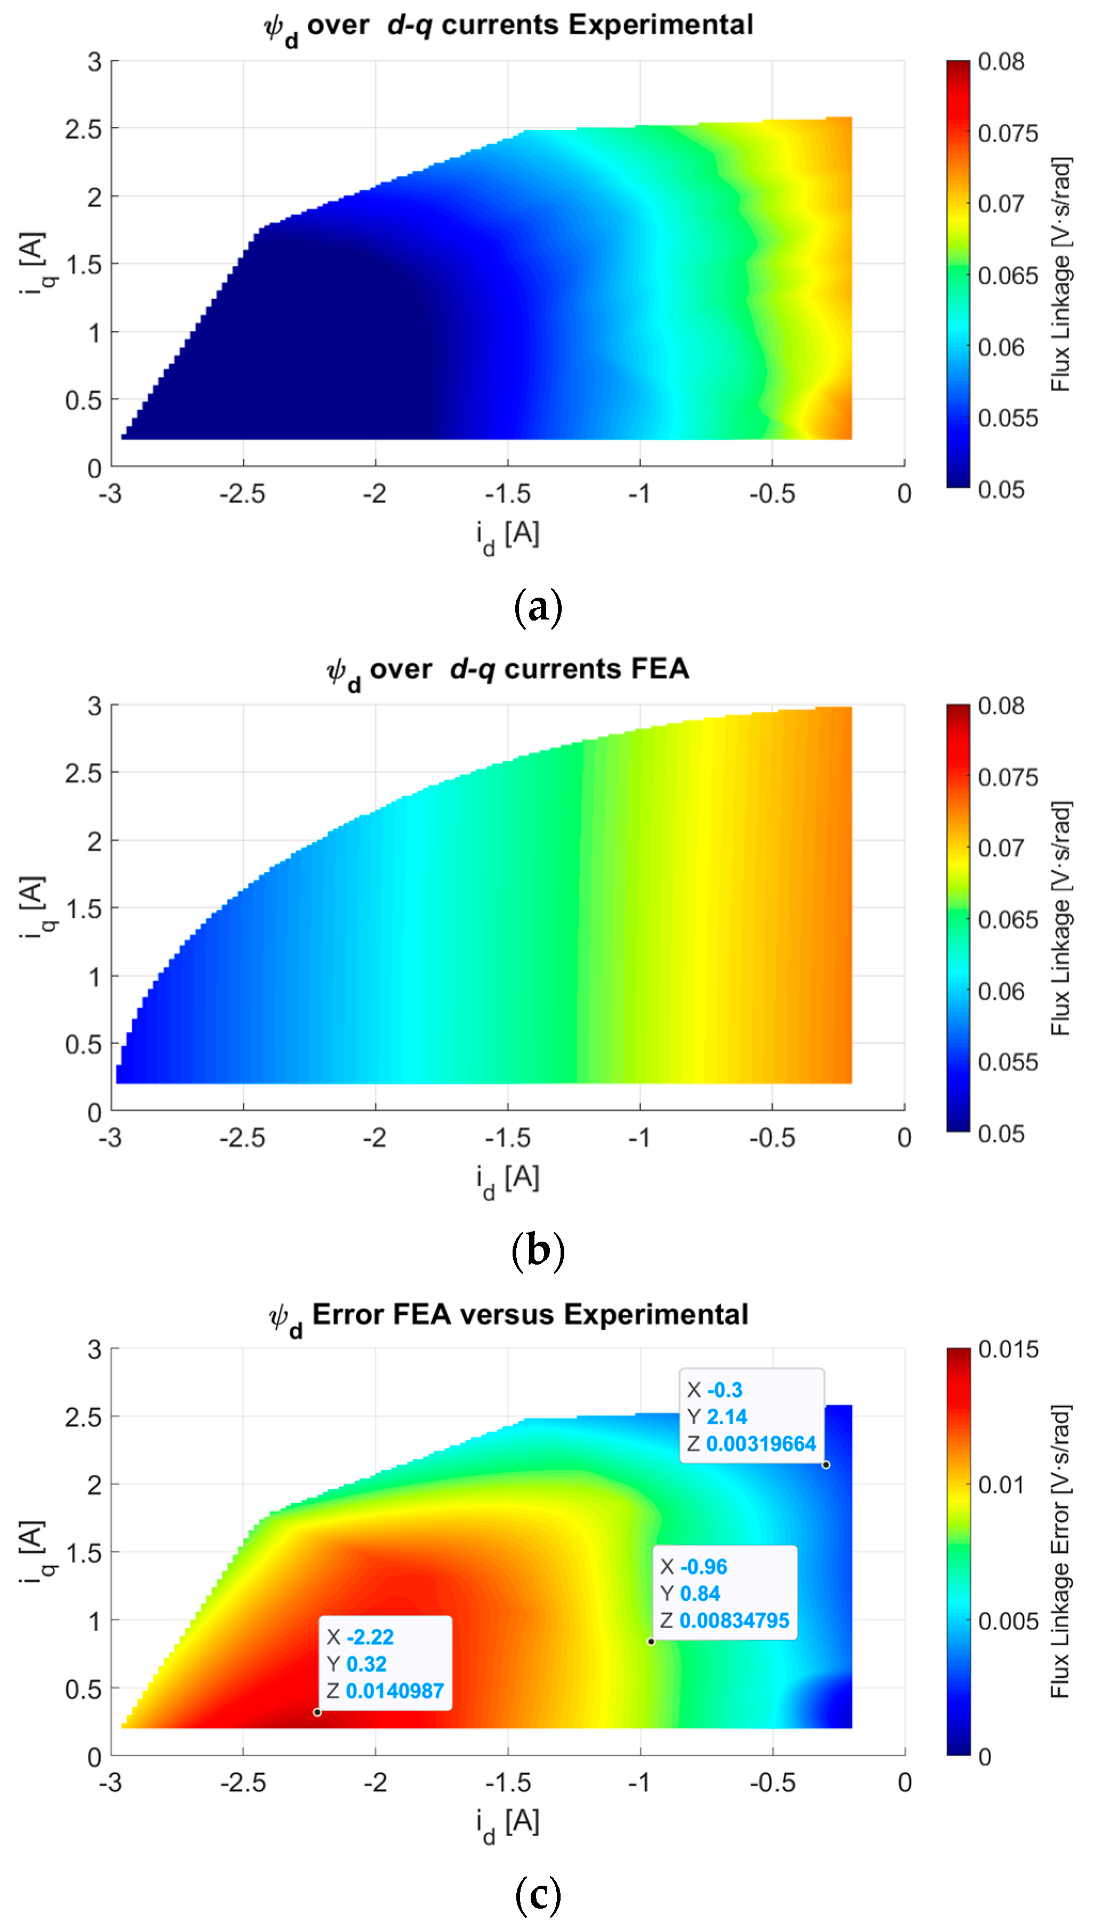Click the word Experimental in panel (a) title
coord(661,25)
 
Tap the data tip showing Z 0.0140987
coord(386,1664)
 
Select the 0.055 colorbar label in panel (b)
coord(1008,1062)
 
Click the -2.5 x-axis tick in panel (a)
coord(243,494)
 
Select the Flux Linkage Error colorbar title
coord(1060,1553)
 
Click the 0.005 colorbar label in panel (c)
coord(1008,1621)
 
